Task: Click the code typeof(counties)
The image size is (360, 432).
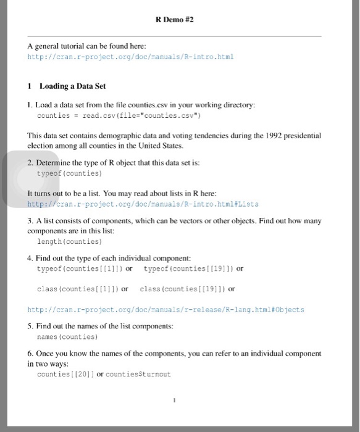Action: coord(69,175)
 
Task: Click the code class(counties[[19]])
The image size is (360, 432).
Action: coord(183,288)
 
